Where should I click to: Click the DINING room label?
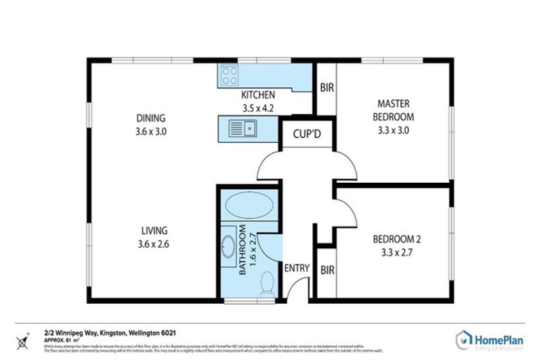tap(151, 118)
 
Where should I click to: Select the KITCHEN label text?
tap(258, 96)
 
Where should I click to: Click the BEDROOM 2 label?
tap(397, 238)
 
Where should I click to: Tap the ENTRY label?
tap(297, 267)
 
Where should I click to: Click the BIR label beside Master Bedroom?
tap(326, 89)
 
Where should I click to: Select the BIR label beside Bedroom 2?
tap(327, 270)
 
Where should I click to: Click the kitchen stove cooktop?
tap(229, 75)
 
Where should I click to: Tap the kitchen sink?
tap(249, 129)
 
